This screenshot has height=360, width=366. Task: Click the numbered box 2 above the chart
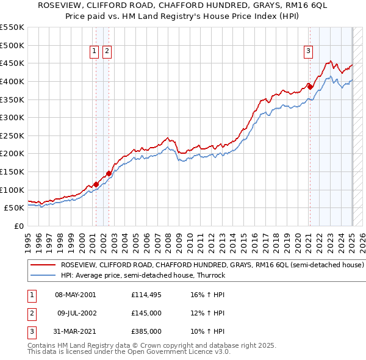pos(107,52)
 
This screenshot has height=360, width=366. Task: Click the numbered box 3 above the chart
pos(309,52)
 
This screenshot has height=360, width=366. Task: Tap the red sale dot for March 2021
pos(310,87)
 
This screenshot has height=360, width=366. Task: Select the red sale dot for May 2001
pos(96,184)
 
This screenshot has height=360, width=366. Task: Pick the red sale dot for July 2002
pos(109,173)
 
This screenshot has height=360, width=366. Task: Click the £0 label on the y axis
pos(18,226)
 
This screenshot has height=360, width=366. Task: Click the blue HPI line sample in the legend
pos(43,275)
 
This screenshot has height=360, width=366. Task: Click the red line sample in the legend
pos(43,265)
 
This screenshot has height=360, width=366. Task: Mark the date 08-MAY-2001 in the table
pos(76,295)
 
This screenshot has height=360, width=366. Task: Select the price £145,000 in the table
pos(146,313)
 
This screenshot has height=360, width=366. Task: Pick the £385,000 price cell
pos(146,331)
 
